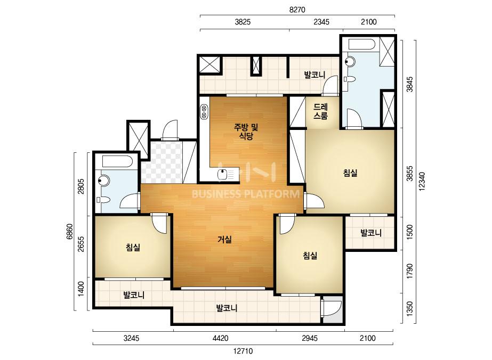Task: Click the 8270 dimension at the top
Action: [x=297, y=10]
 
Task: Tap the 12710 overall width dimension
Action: [x=243, y=351]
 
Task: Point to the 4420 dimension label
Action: [x=220, y=338]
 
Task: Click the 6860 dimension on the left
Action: [x=69, y=232]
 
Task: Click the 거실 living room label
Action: [x=224, y=240]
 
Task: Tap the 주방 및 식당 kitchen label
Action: [x=246, y=132]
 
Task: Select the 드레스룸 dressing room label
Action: [x=320, y=111]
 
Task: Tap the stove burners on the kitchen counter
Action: [x=204, y=112]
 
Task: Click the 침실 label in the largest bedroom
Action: [x=350, y=173]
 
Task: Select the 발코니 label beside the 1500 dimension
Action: [x=371, y=233]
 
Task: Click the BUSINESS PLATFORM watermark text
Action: [x=245, y=194]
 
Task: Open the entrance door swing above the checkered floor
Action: [x=170, y=130]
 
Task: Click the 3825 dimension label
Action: [x=243, y=22]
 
